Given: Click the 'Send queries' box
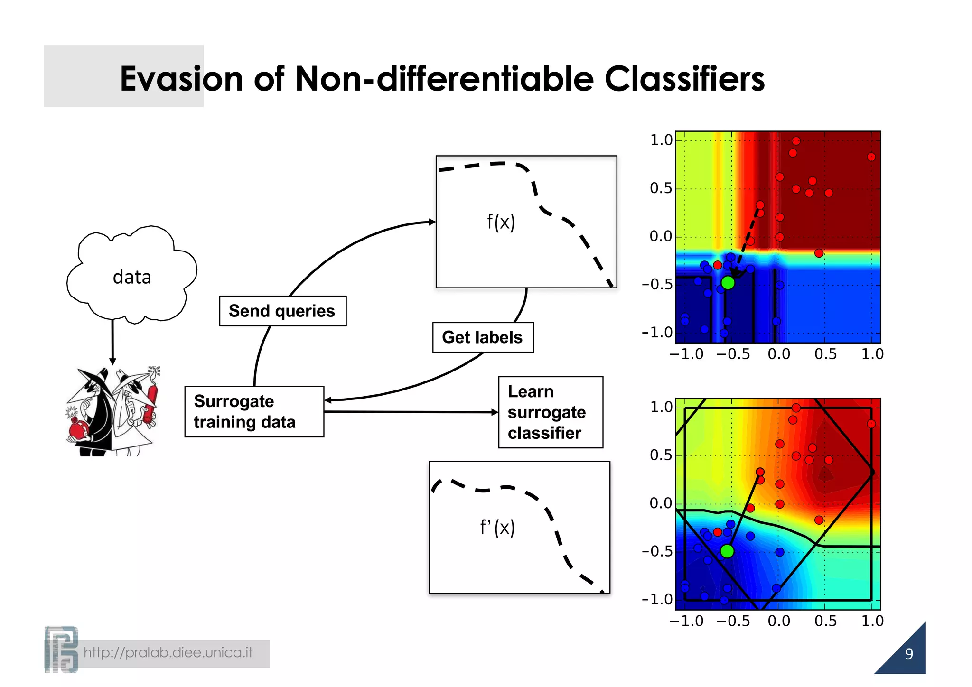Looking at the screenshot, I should pos(282,311).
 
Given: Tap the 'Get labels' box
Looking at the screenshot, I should pos(483,337).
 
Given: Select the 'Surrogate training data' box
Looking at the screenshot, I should pos(254,412).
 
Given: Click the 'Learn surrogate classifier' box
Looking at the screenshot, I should pos(551,412).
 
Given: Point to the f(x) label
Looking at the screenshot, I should pos(501,222).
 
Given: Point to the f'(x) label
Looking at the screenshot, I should pos(497,528).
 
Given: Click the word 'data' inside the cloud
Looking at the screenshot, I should pos(132,277).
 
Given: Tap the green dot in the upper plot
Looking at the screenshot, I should pos(728,283).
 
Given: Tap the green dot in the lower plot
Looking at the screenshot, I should pos(727,551).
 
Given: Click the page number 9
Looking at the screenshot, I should pos(908,654).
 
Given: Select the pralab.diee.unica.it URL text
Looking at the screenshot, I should pos(168,653).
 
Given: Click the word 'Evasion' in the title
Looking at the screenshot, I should pos(181,79).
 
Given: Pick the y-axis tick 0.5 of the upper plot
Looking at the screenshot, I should pos(661,189).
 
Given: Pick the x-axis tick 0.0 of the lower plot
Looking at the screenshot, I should pos(779,621).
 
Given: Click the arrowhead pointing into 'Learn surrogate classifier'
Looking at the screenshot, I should pos(495,412).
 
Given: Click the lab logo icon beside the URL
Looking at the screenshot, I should pos(61,650).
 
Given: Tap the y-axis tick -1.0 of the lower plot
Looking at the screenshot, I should pos(657,600).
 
